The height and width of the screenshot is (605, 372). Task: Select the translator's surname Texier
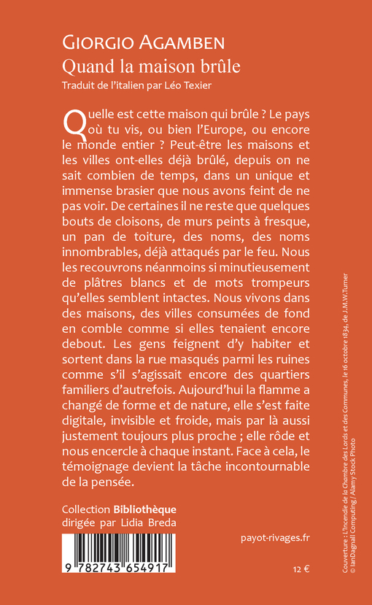coord(202,86)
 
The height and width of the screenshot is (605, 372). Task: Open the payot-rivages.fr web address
coord(274,539)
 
